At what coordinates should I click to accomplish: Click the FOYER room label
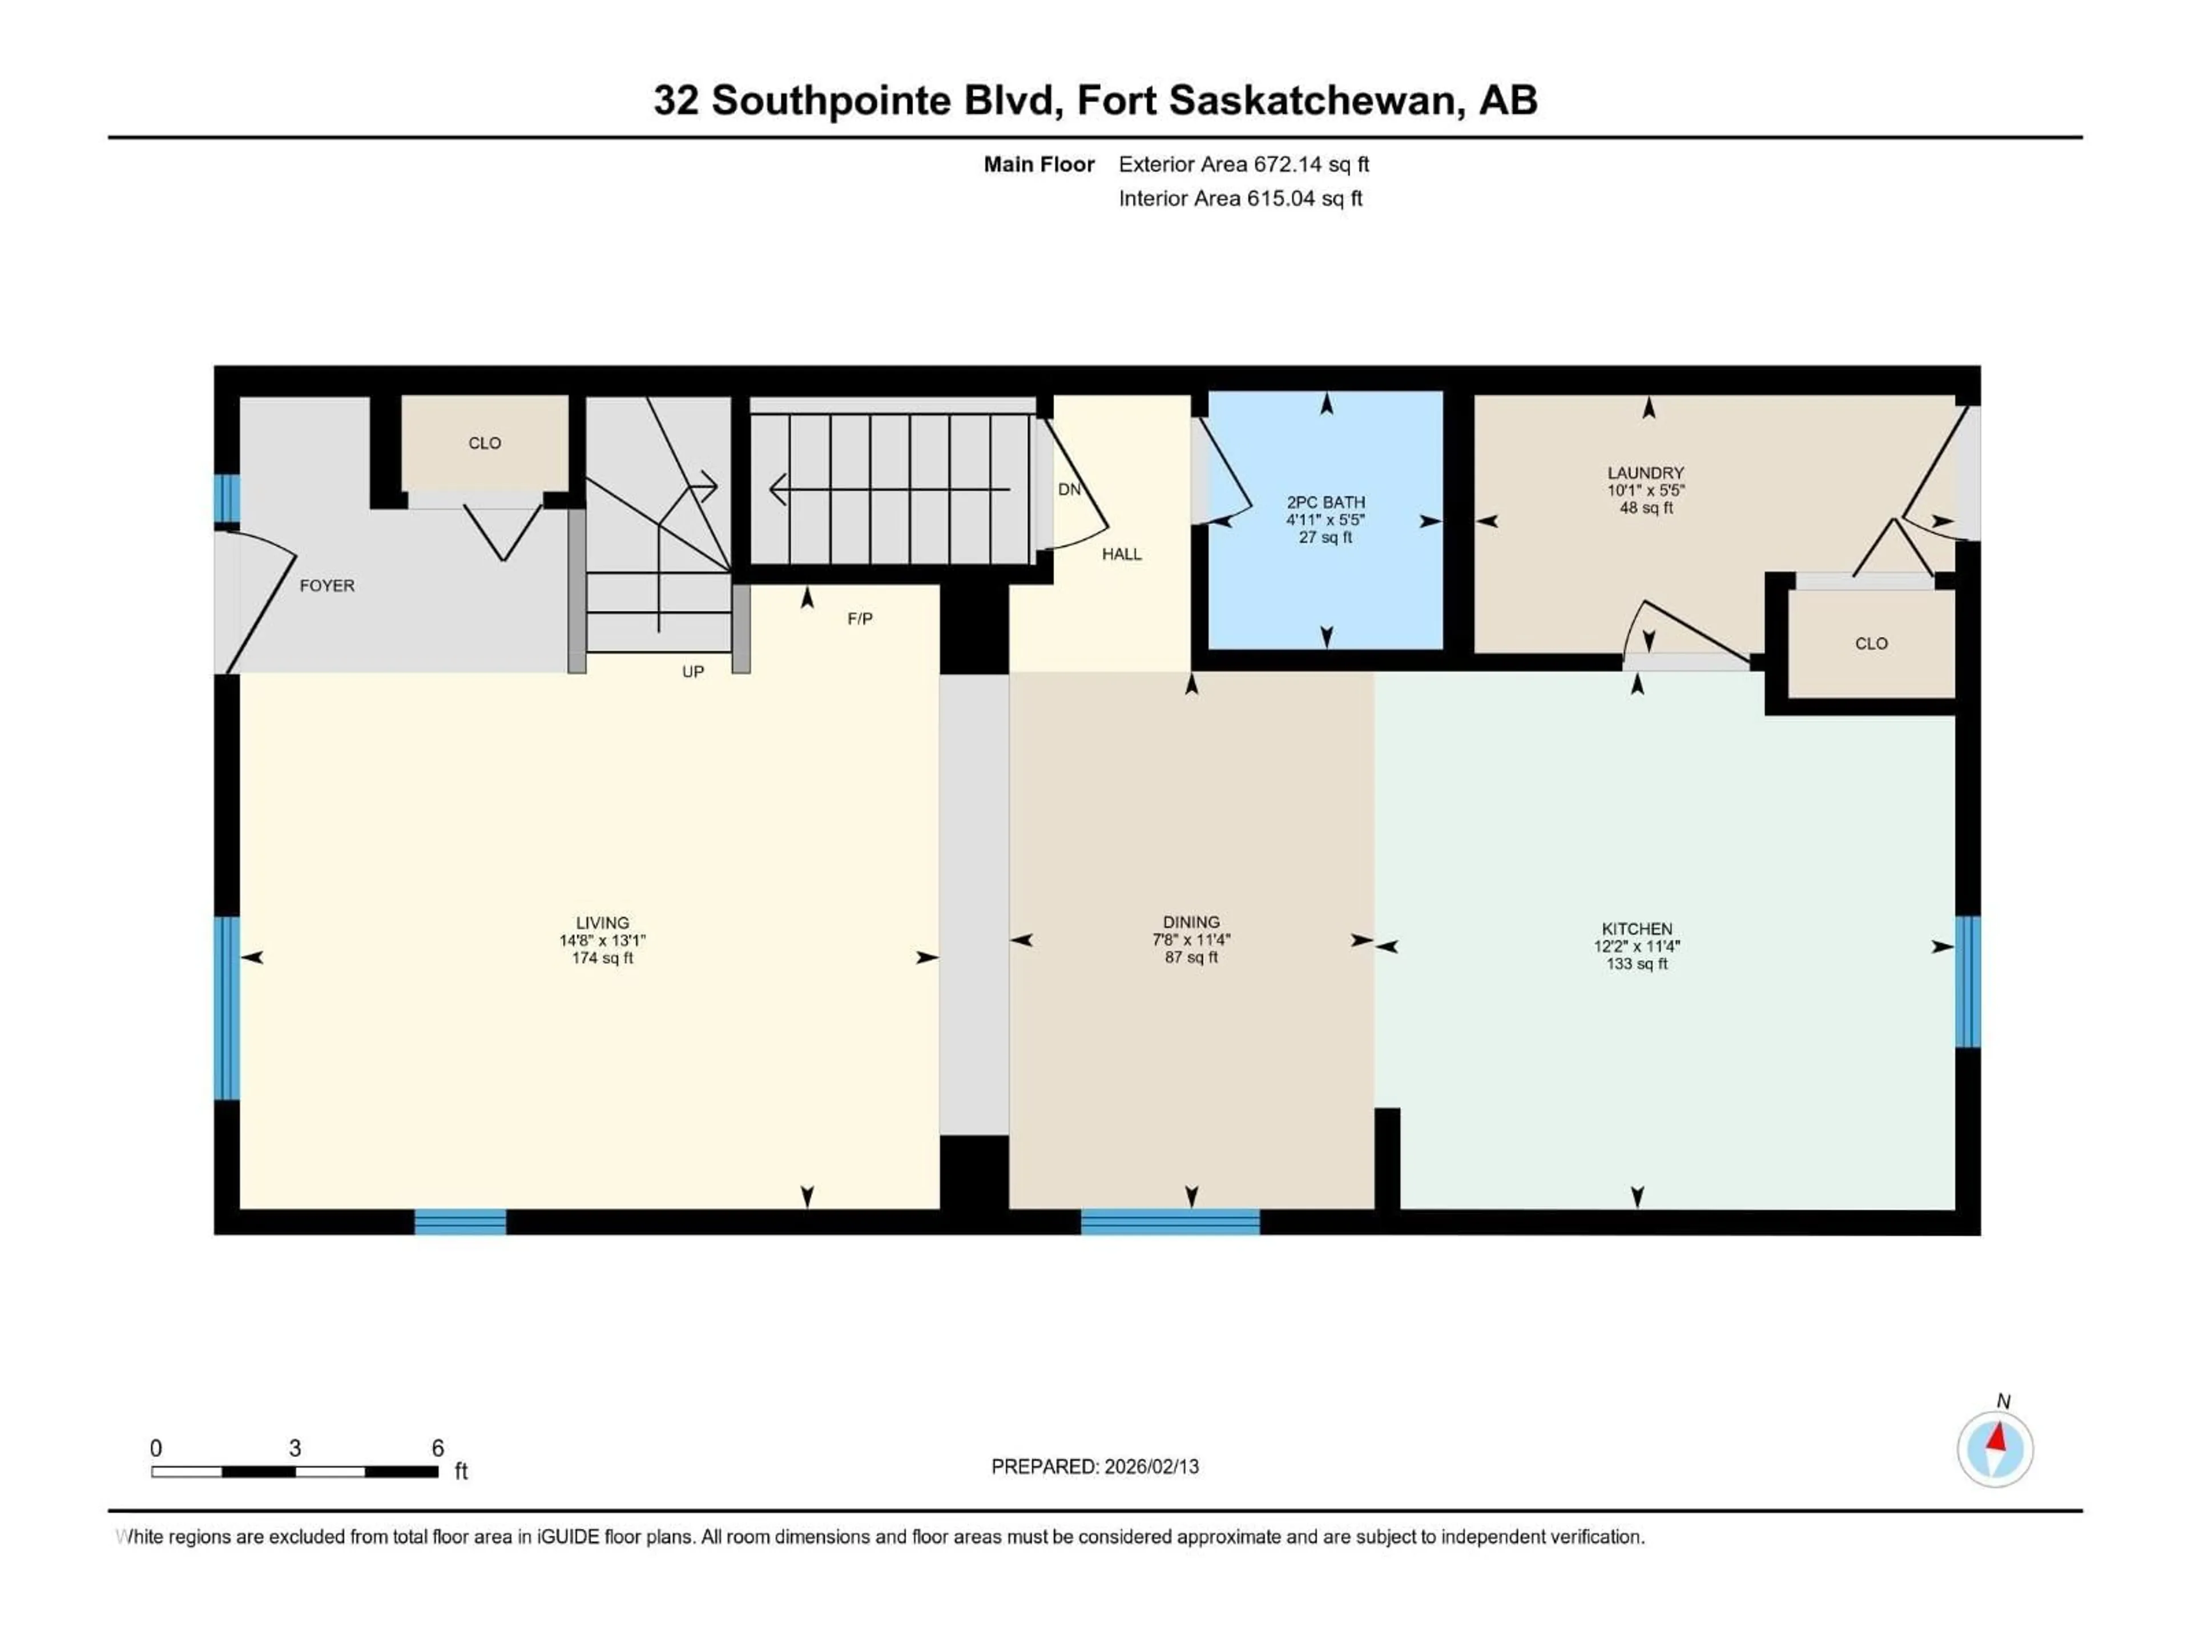point(327,586)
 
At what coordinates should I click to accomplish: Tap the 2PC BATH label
point(1326,502)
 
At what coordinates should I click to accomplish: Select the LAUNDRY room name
point(1646,473)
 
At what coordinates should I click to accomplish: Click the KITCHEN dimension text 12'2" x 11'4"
point(1637,946)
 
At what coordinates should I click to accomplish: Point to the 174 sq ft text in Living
point(602,958)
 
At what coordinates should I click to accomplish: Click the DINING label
point(1191,921)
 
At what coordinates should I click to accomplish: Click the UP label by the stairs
point(692,672)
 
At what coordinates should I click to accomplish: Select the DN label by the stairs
point(1069,490)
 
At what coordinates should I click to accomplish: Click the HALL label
point(1122,554)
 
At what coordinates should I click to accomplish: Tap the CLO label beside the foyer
point(485,443)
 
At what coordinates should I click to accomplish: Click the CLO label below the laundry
point(1871,643)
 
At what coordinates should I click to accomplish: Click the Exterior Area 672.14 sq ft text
point(1244,164)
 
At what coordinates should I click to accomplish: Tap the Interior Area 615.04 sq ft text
point(1240,198)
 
